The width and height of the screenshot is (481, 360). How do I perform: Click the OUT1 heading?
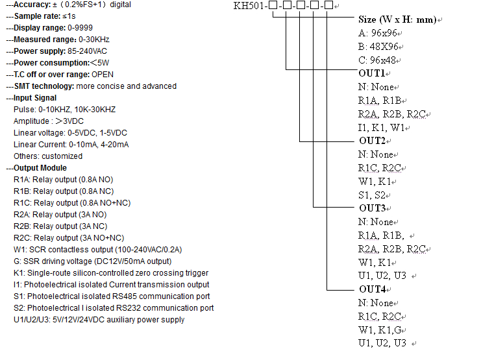[x=372, y=73]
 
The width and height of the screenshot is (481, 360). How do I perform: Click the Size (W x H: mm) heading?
[x=397, y=19]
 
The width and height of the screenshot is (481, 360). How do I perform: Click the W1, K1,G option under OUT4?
[x=382, y=330]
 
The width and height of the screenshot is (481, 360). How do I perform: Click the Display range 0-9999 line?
[x=52, y=28]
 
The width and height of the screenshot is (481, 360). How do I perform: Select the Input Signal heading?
[x=40, y=98]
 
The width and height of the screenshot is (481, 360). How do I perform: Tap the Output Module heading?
[x=42, y=168]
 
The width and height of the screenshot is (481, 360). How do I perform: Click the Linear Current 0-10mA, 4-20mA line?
[x=71, y=145]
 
